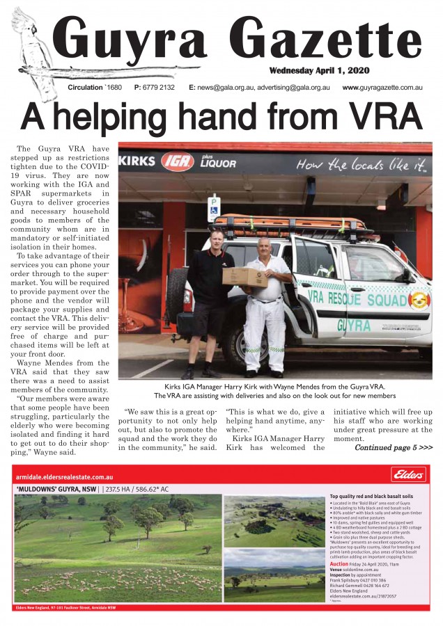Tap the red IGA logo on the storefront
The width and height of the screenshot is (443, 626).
177,163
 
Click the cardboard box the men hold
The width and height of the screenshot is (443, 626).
244,277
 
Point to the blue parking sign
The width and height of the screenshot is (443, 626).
214,206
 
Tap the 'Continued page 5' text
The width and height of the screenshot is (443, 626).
394,447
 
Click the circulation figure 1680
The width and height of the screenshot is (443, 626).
114,88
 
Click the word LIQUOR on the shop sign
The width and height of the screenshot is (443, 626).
218,165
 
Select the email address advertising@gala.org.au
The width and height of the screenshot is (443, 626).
293,88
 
